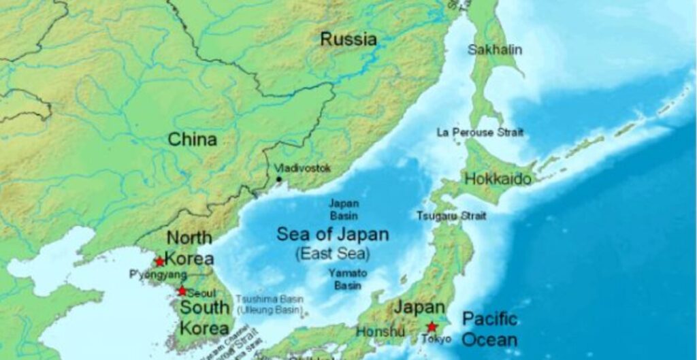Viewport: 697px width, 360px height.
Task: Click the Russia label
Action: (348, 39)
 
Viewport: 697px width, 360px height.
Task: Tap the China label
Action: (193, 140)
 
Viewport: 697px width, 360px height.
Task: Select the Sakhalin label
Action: (495, 50)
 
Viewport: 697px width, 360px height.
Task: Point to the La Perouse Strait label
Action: (480, 132)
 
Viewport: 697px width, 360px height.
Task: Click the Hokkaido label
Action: (498, 179)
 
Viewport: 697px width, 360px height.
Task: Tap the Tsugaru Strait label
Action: (451, 216)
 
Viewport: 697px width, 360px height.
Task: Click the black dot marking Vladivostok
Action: (278, 180)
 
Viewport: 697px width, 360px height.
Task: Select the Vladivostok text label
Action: (303, 167)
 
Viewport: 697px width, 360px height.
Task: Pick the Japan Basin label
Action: (344, 209)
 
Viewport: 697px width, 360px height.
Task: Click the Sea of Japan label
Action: (333, 235)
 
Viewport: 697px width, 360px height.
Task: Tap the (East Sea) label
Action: (333, 255)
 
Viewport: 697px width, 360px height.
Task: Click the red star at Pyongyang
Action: (159, 261)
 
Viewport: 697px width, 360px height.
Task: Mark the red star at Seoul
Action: (182, 291)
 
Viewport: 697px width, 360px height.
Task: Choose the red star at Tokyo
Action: (432, 327)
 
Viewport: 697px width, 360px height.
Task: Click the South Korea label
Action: (204, 318)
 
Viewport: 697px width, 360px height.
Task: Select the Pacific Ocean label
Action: (489, 329)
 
